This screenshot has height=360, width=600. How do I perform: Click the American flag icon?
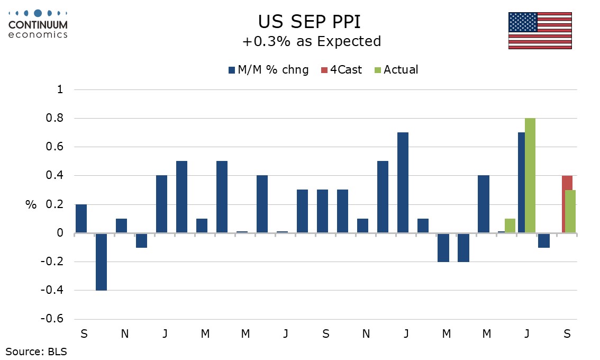[x=540, y=30]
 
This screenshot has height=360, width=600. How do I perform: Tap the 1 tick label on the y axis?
[x=60, y=90]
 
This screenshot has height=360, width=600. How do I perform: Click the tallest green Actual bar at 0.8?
[x=530, y=175]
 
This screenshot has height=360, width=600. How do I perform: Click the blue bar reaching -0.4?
[x=101, y=261]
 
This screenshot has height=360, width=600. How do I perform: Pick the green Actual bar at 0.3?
[x=570, y=211]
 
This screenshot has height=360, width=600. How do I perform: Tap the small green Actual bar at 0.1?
[x=510, y=226]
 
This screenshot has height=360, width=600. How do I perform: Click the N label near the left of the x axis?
[x=124, y=334]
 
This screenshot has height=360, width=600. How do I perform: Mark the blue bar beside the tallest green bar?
[x=521, y=182]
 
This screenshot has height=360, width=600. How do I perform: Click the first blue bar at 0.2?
[x=81, y=218]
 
